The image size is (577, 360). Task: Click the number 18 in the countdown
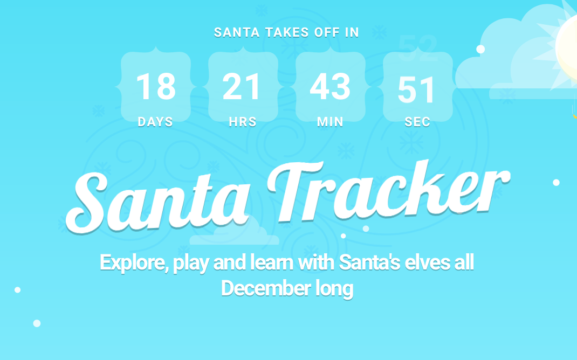(156, 86)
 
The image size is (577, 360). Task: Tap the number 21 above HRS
(242, 86)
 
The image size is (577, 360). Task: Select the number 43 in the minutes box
(330, 86)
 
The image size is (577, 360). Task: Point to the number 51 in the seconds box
(416, 90)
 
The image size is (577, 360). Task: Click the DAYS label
(155, 122)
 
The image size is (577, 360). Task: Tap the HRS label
(243, 122)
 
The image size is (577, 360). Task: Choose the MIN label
(330, 122)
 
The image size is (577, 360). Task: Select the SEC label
(417, 122)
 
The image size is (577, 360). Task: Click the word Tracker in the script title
(389, 191)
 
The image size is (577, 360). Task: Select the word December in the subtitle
(266, 288)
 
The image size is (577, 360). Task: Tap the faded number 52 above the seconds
(418, 48)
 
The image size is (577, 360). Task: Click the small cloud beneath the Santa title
(235, 231)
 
